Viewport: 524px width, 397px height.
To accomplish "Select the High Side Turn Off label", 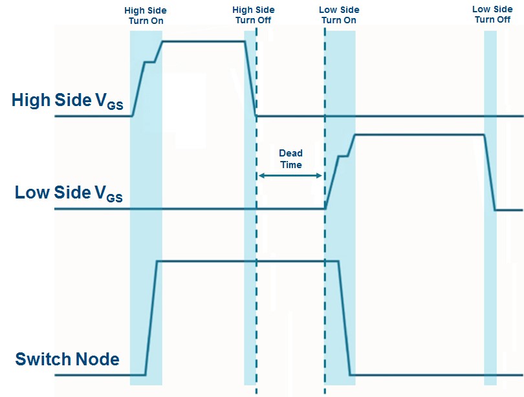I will pyautogui.click(x=254, y=16).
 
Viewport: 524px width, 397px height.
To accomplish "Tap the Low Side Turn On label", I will pyautogui.click(x=340, y=16).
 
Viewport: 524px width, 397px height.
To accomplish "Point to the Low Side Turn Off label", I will pyautogui.click(x=492, y=14).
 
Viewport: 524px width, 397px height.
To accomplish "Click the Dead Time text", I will pyautogui.click(x=290, y=159).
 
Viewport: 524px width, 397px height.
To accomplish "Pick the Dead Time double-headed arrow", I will pyautogui.click(x=290, y=176).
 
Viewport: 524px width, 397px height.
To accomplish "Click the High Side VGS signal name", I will pyautogui.click(x=67, y=101).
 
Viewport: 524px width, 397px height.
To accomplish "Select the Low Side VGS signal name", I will pyautogui.click(x=69, y=193).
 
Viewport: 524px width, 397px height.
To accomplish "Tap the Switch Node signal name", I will pyautogui.click(x=67, y=359).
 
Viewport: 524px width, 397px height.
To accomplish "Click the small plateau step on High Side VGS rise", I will pyautogui.click(x=150, y=62).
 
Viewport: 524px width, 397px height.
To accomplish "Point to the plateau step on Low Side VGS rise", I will pyautogui.click(x=344, y=156).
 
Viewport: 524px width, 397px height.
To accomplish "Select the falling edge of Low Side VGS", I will pyautogui.click(x=490, y=172).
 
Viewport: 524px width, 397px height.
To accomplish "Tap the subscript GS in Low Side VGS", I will pyautogui.click(x=114, y=198).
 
